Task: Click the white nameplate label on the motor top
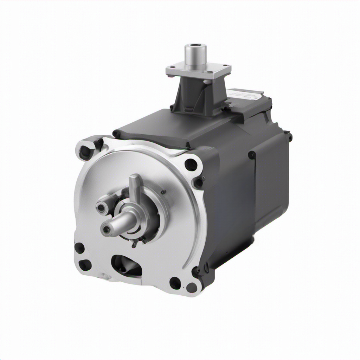pyautogui.click(x=245, y=94)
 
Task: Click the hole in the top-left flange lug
pyautogui.click(x=85, y=152)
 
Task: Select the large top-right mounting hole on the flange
pyautogui.click(x=191, y=165)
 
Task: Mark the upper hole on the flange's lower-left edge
pyautogui.click(x=79, y=248)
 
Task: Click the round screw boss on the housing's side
pyautogui.click(x=252, y=155)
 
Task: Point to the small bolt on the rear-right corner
pyautogui.click(x=290, y=136)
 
